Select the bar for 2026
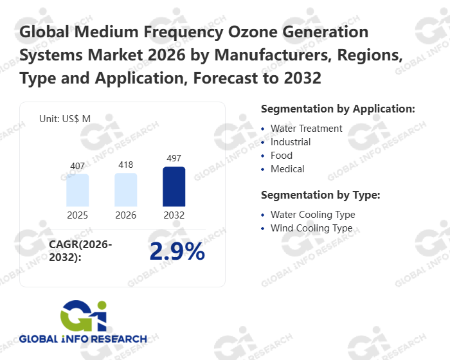pyautogui.click(x=126, y=190)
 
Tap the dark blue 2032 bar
pyautogui.click(x=174, y=186)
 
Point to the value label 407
pyautogui.click(x=78, y=166)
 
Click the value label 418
pyautogui.click(x=126, y=165)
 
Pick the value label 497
pyautogui.click(x=174, y=159)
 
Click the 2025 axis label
pyautogui.click(x=78, y=215)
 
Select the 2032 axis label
pyautogui.click(x=174, y=215)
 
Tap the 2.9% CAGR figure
pyautogui.click(x=177, y=252)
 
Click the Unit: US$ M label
pyautogui.click(x=65, y=118)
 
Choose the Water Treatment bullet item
pyautogui.click(x=306, y=129)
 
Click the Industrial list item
pyautogui.click(x=291, y=142)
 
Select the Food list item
pyautogui.click(x=282, y=156)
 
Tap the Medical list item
pyautogui.click(x=287, y=169)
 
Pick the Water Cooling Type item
pyautogui.click(x=312, y=215)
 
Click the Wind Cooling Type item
pyautogui.click(x=311, y=228)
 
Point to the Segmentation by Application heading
pyautogui.click(x=337, y=109)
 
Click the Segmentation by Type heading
pyautogui.click(x=320, y=195)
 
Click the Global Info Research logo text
pyautogui.click(x=83, y=339)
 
